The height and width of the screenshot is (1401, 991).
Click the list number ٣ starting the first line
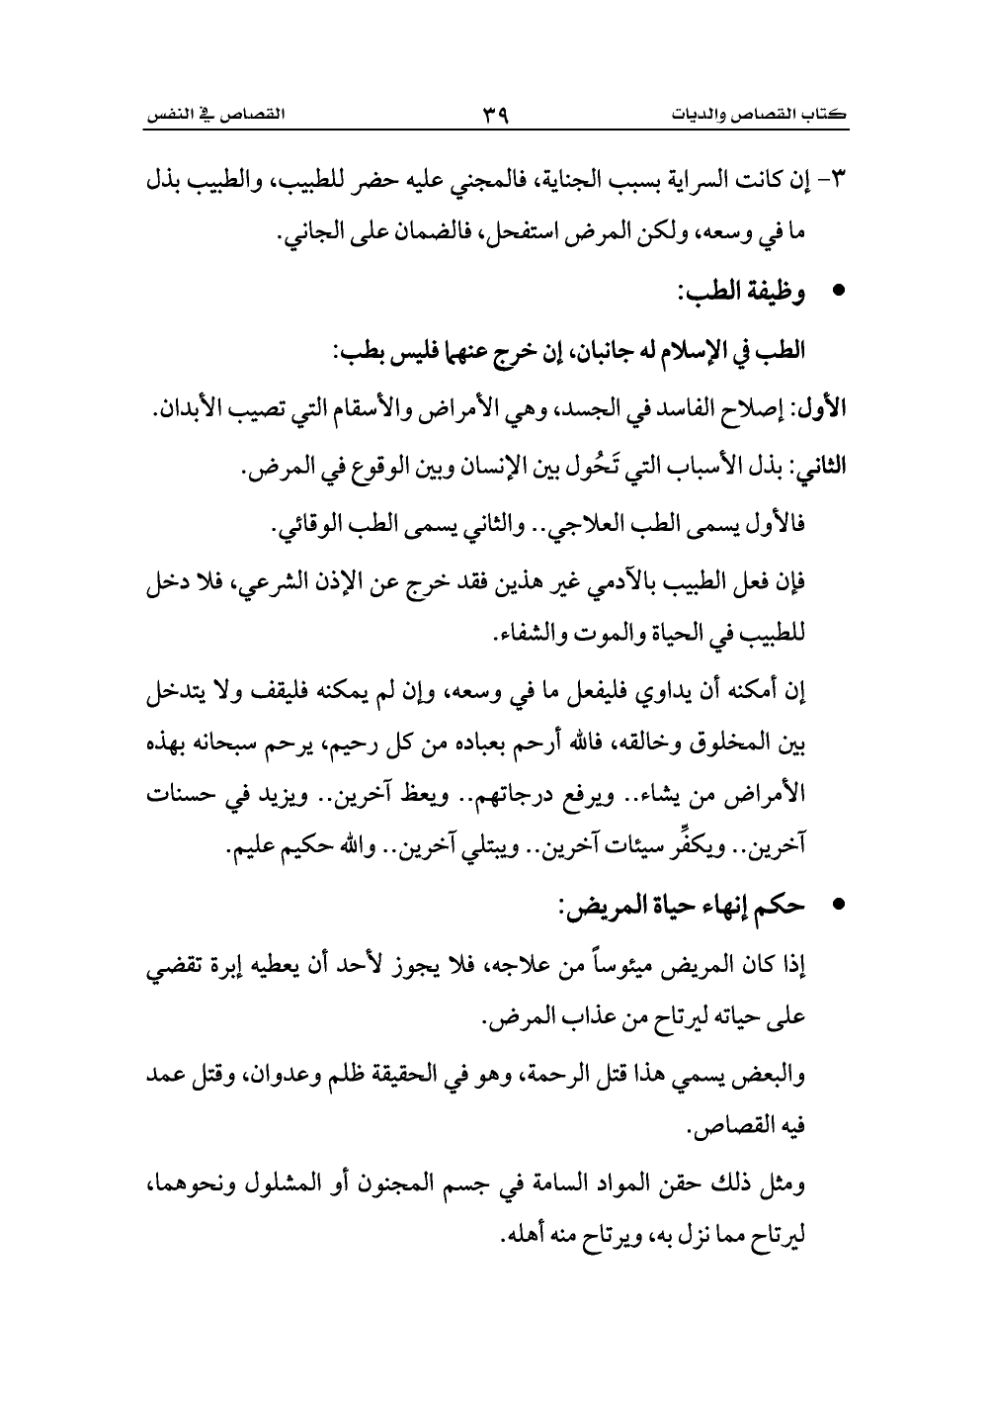click(842, 184)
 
